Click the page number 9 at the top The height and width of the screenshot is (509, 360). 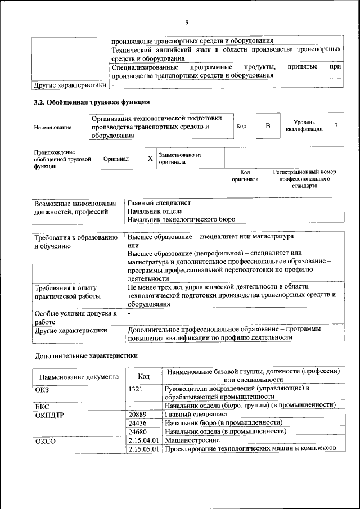coord(186,22)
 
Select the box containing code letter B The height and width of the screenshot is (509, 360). coord(268,126)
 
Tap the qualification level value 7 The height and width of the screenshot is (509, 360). coord(336,125)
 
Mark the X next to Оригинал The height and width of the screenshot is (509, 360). coord(150,159)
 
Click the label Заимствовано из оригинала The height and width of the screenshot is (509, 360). coord(180,158)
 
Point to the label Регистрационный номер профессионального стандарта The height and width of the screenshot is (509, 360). coord(304,179)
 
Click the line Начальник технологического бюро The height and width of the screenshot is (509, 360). coord(181,219)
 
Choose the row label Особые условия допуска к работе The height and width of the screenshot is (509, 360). coord(75,317)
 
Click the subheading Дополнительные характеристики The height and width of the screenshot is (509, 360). coord(85,356)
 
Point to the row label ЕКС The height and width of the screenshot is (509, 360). coord(42,406)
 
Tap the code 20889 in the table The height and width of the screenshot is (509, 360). coord(138,414)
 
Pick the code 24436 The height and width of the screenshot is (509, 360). coord(138,422)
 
